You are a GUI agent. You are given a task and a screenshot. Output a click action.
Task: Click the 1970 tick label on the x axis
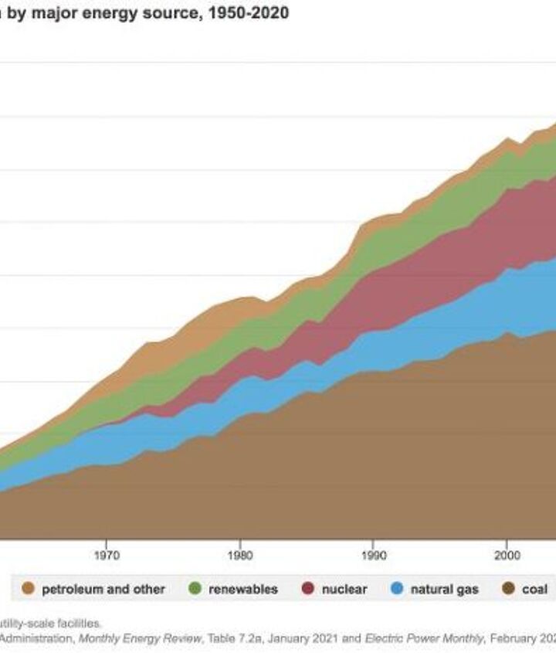106,554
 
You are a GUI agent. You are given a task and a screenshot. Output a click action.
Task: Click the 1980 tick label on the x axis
239,554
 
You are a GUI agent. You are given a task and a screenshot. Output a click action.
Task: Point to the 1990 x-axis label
373,554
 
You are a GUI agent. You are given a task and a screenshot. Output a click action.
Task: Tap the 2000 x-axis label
507,554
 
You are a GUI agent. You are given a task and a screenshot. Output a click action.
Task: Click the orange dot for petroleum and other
29,589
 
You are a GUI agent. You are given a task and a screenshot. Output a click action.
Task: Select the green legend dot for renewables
195,589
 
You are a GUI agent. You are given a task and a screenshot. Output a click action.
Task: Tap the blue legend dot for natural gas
397,589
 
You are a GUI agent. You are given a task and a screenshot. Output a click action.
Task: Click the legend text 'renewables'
242,589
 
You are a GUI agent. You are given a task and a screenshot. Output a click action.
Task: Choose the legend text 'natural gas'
444,589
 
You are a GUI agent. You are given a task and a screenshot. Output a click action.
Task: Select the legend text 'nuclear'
344,589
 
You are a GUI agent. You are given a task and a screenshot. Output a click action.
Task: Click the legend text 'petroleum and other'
103,589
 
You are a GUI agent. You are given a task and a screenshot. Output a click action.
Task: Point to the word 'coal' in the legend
534,589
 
